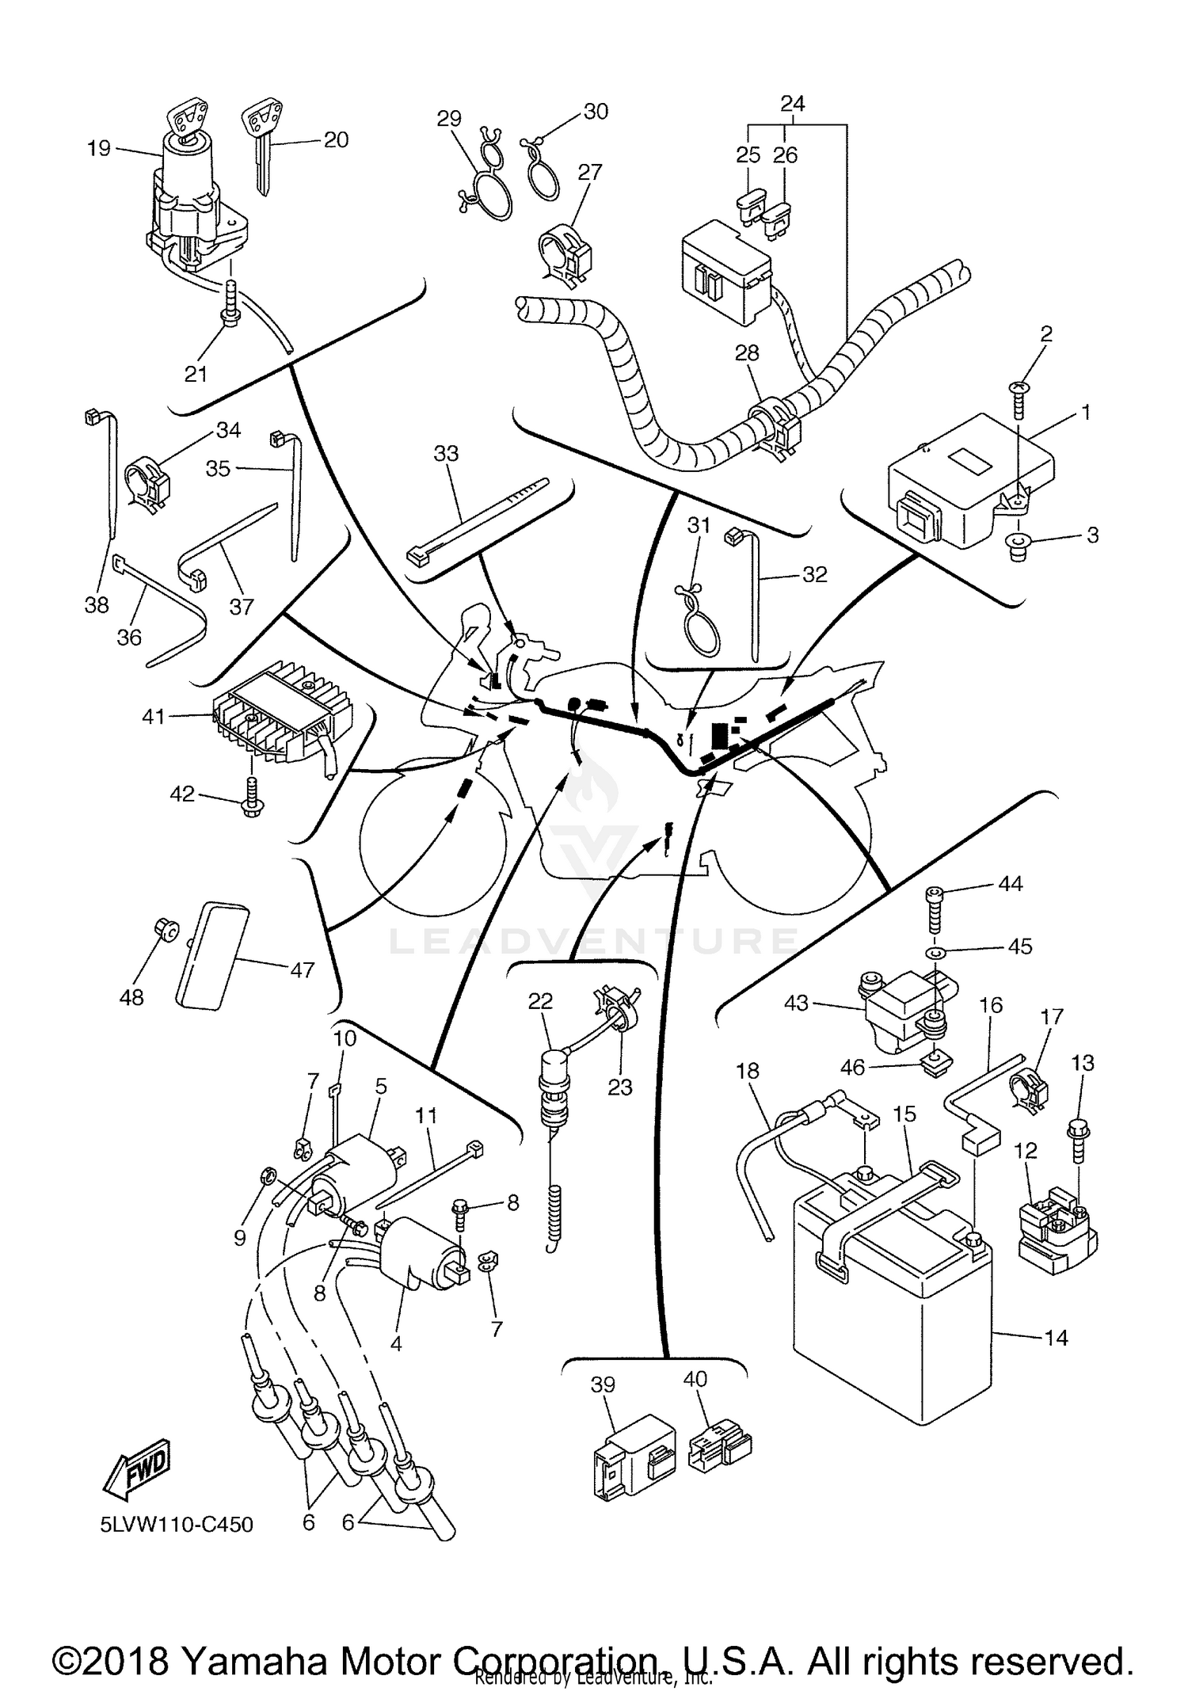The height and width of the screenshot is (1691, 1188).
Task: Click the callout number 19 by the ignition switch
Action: click(x=98, y=148)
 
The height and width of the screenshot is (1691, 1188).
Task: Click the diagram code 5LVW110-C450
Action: click(x=177, y=1524)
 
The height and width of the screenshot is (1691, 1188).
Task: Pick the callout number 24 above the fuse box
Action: click(x=793, y=104)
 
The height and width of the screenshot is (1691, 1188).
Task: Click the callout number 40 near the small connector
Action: click(x=695, y=1379)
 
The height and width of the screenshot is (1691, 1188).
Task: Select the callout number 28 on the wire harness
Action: click(x=747, y=353)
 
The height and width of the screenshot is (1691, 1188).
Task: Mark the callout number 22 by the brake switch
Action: click(x=540, y=1001)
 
